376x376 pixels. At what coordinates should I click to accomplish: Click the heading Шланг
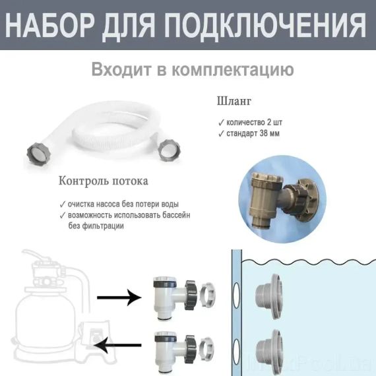(x=234, y=102)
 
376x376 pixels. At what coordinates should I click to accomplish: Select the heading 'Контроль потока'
(x=104, y=180)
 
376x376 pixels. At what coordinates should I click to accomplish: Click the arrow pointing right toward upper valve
(x=119, y=298)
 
